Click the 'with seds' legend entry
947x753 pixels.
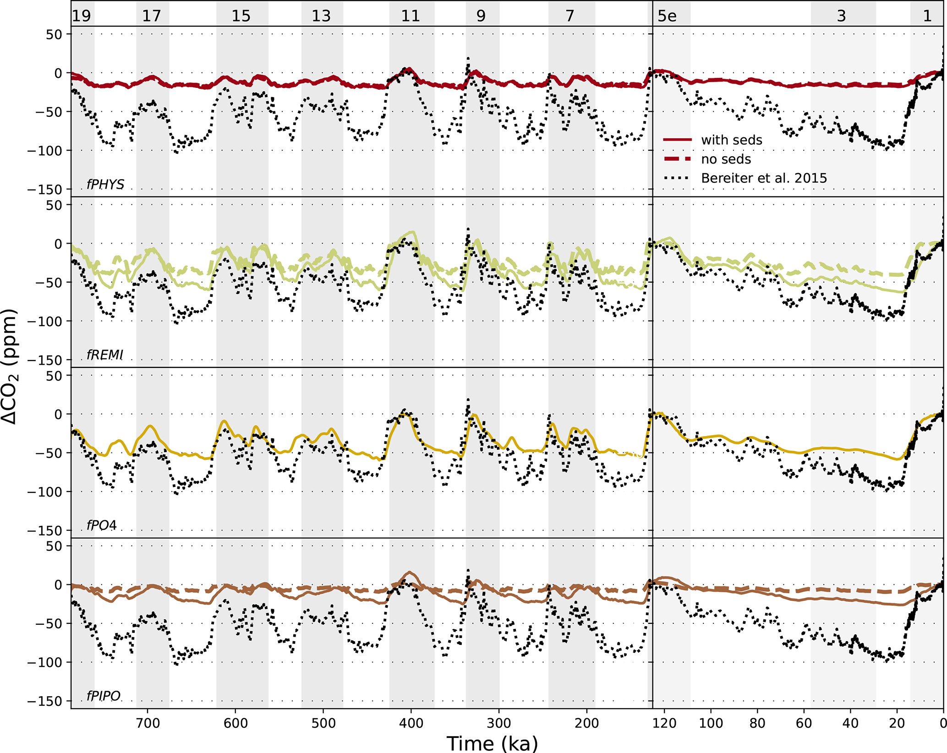(x=731, y=140)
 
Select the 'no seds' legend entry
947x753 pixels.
(x=726, y=159)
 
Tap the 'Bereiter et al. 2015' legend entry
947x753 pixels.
(x=764, y=178)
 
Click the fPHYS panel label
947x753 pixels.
(x=105, y=184)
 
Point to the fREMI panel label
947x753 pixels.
(x=105, y=355)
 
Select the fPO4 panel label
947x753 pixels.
(x=102, y=525)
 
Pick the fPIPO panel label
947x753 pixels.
(x=104, y=696)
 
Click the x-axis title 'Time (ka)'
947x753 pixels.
(x=492, y=743)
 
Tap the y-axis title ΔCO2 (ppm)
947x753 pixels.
(x=9, y=367)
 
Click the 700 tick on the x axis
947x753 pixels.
(x=148, y=723)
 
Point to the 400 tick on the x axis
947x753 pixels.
(x=411, y=723)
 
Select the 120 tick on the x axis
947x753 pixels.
(x=664, y=723)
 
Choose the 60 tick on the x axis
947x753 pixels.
(x=804, y=723)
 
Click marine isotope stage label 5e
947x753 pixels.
(x=667, y=16)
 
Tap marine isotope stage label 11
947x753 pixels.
(x=411, y=16)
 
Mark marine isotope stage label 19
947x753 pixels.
(x=82, y=16)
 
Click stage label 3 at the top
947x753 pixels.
(x=841, y=16)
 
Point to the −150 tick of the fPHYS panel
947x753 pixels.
(x=44, y=189)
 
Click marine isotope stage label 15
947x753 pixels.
(x=241, y=16)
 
